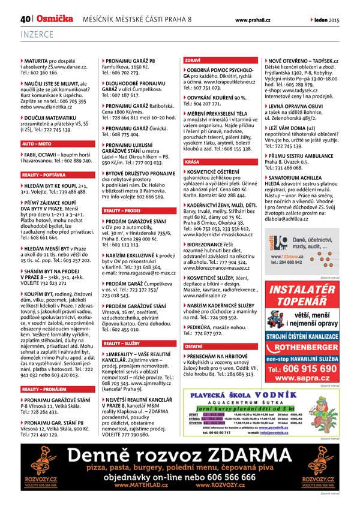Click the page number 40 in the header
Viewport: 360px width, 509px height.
click(25, 19)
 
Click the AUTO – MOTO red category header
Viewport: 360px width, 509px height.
click(37, 144)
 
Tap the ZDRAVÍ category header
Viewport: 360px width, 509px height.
click(193, 61)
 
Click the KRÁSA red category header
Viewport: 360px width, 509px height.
click(193, 162)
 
